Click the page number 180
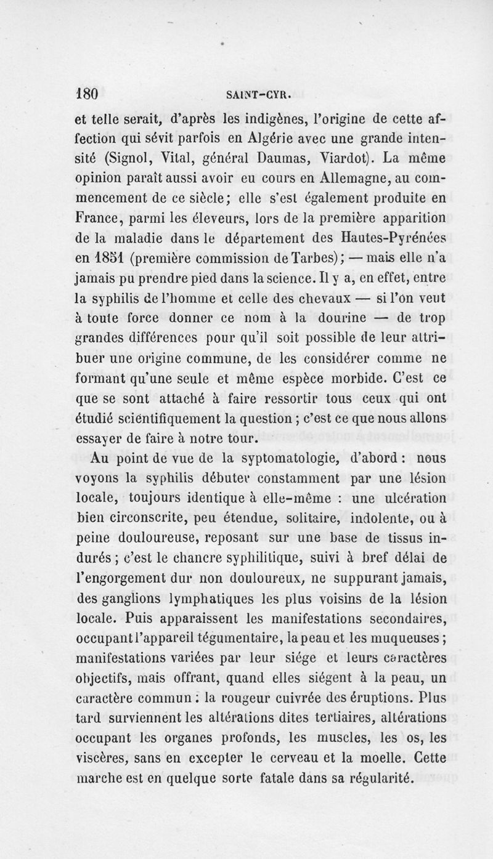(87, 94)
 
